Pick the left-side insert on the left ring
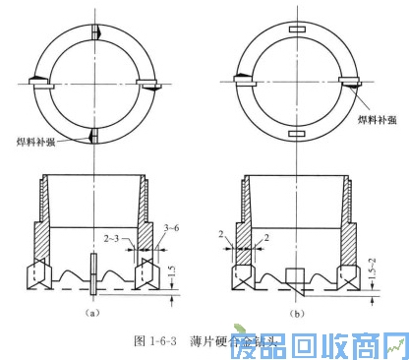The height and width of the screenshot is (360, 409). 36,82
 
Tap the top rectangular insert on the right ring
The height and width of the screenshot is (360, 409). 296,31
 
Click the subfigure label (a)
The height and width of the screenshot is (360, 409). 90,312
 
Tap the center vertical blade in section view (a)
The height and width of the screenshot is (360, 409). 92,272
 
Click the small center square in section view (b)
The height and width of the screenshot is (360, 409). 297,276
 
